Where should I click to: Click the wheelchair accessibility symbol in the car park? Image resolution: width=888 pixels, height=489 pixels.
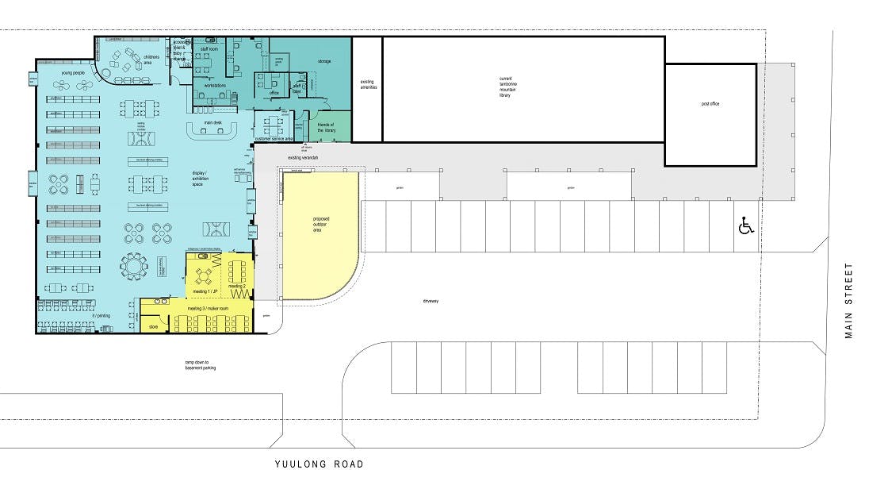click(x=745, y=226)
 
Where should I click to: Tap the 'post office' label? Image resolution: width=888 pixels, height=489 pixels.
click(x=710, y=104)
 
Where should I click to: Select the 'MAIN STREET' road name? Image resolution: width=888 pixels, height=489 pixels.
click(x=849, y=301)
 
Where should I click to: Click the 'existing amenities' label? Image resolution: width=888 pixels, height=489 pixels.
click(x=367, y=84)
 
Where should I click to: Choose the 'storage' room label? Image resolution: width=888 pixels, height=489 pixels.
click(x=323, y=61)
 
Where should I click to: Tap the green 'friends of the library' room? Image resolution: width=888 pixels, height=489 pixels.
click(x=326, y=127)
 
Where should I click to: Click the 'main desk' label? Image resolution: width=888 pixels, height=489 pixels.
click(x=212, y=122)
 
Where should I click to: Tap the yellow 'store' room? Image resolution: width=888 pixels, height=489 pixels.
click(x=154, y=325)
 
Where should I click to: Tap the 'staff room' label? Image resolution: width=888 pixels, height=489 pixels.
click(x=209, y=49)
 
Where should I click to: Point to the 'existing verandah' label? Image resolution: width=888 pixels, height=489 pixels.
click(x=303, y=157)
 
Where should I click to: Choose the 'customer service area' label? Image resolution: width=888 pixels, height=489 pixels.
click(x=274, y=139)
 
